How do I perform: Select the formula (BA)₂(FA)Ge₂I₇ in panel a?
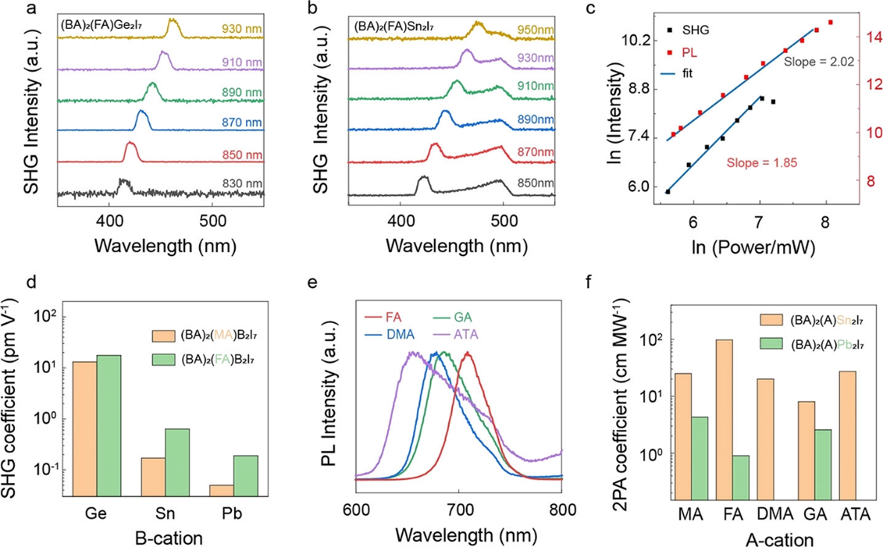click(102, 26)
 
